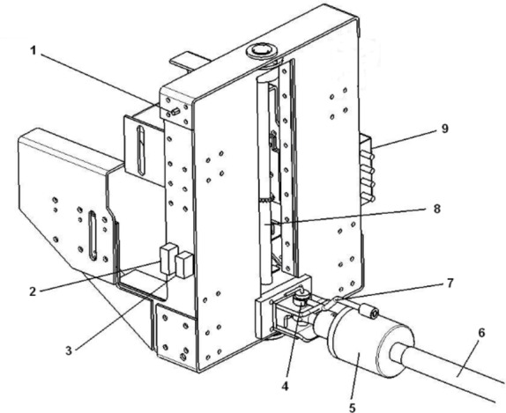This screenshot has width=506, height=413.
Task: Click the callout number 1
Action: pyautogui.click(x=33, y=51)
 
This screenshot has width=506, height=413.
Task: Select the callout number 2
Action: pyautogui.click(x=33, y=291)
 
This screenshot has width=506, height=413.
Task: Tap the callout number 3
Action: pyautogui.click(x=69, y=350)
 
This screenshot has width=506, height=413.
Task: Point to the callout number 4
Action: pyautogui.click(x=285, y=386)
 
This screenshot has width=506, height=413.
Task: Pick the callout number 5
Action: pyautogui.click(x=353, y=408)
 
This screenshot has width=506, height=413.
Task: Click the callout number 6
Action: pyautogui.click(x=481, y=333)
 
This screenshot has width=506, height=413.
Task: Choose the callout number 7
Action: pyautogui.click(x=450, y=283)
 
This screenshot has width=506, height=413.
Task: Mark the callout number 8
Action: pyautogui.click(x=436, y=209)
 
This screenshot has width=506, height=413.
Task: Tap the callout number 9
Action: pyautogui.click(x=444, y=129)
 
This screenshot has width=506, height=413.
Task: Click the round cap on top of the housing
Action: pyautogui.click(x=261, y=50)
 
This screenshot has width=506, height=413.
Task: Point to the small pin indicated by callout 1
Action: pyautogui.click(x=175, y=112)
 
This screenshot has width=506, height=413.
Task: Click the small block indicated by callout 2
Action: pyautogui.click(x=167, y=259)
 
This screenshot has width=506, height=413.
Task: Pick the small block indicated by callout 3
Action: pyautogui.click(x=184, y=265)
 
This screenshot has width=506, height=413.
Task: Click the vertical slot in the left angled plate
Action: pyautogui.click(x=93, y=235)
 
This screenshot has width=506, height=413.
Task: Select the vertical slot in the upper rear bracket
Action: pyautogui.click(x=141, y=151)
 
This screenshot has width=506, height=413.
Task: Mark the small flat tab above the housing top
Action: pyautogui.click(x=189, y=62)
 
